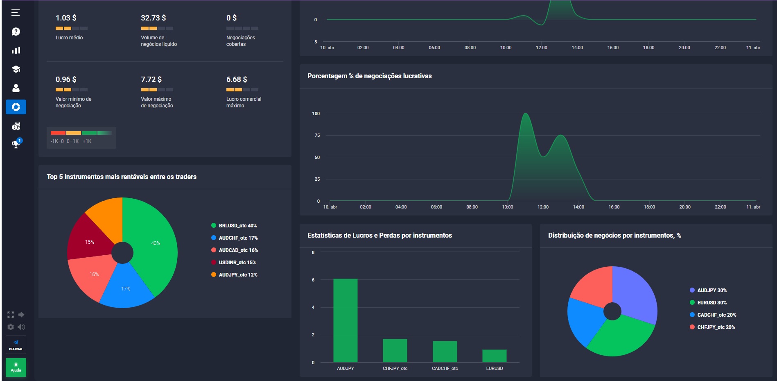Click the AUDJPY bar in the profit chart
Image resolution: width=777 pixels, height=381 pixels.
345,320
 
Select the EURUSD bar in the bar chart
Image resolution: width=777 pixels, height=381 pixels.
494,356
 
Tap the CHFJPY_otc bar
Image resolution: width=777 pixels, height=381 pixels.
395,350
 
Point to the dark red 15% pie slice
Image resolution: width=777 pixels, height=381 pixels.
90,242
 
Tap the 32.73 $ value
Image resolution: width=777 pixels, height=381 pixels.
153,18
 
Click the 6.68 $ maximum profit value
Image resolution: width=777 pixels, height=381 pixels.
237,79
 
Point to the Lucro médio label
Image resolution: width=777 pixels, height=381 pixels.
69,38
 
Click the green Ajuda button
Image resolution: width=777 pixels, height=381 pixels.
16,367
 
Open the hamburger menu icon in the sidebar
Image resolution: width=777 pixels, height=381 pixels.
16,13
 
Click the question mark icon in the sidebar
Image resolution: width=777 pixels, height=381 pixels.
16,32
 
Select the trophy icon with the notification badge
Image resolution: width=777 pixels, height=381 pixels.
16,144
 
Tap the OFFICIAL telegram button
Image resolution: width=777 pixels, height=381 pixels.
16,345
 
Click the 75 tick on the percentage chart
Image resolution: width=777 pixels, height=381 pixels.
317,135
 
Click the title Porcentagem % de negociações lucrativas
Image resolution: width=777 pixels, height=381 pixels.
369,76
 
